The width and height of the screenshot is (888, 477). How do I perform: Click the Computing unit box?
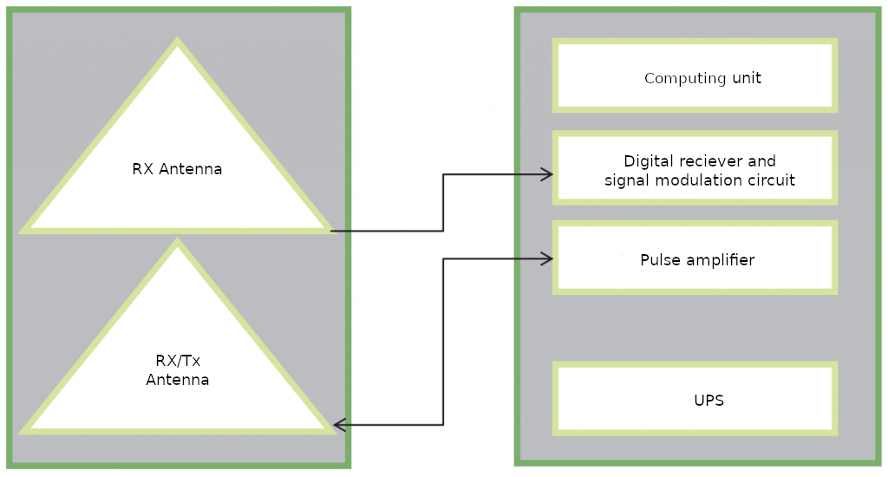point(695,75)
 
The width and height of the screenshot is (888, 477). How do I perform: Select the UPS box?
point(695,399)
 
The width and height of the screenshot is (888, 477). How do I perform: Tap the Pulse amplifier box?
point(695,258)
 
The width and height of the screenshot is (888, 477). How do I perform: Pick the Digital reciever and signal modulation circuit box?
point(695,167)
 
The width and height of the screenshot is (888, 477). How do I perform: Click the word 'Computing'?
point(685,78)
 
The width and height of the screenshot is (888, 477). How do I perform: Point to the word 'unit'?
point(747,77)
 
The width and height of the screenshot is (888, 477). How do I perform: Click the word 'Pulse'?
point(660,260)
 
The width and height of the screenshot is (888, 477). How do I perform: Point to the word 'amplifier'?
point(721,260)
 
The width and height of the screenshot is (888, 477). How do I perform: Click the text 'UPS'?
point(709,401)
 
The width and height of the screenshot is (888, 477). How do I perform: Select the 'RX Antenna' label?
point(177,169)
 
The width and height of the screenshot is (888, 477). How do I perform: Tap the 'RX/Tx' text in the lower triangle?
point(178,361)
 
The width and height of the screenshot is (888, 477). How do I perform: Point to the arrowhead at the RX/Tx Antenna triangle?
point(340,424)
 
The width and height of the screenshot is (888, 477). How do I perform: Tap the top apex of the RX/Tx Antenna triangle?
point(177,238)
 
